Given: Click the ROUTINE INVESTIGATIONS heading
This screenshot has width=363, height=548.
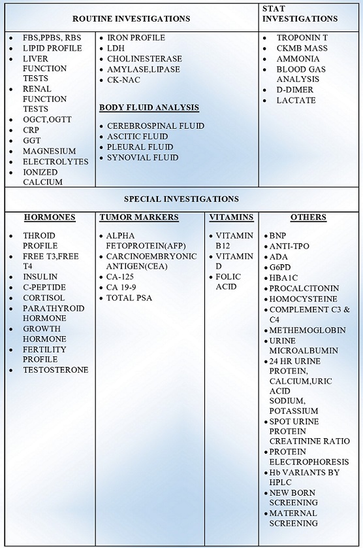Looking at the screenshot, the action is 131,18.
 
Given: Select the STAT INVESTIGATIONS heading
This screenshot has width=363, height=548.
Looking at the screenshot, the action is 300,14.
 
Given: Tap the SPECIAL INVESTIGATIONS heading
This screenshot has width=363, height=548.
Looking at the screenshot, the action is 181,199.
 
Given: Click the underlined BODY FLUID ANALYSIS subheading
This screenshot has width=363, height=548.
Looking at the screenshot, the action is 149,107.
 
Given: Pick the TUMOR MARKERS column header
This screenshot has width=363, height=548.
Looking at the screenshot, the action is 139,217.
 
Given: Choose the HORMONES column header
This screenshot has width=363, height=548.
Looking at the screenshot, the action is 50,217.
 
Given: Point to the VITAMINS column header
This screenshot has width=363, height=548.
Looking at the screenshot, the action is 231,217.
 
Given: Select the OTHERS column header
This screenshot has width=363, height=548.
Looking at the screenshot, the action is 308,217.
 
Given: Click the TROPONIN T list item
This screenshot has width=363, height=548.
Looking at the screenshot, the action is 302,38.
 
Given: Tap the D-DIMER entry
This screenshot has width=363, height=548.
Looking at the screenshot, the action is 294,90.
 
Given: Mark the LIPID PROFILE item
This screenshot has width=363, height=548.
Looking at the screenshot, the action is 52,48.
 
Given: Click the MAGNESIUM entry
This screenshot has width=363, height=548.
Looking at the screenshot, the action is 49,151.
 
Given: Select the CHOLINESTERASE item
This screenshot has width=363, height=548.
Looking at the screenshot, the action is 144,59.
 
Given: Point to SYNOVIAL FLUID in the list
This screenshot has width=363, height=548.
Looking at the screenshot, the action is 143,157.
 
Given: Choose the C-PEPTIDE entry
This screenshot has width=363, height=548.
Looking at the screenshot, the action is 44,287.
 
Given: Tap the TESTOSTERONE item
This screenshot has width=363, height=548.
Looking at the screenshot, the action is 55,369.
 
